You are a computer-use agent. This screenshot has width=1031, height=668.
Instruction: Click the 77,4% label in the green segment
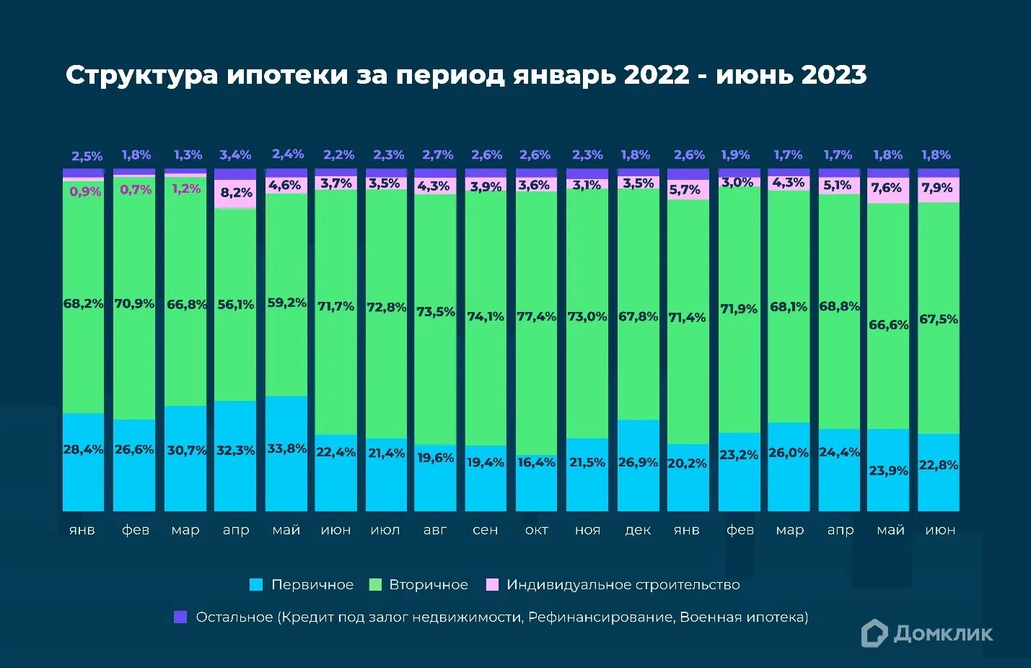coord(536,316)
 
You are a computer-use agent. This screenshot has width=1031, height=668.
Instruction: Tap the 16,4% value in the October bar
coord(536,462)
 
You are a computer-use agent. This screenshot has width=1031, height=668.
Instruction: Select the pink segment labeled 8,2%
coord(236,193)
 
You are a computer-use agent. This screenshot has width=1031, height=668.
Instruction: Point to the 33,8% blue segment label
coord(286,448)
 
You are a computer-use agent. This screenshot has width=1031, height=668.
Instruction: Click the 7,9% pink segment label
coord(937,188)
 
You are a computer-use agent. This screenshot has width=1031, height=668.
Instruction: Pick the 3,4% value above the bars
coord(235,155)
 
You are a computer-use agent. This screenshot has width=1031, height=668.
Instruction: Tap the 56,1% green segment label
coord(236,305)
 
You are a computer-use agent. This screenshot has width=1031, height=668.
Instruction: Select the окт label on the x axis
coord(536,530)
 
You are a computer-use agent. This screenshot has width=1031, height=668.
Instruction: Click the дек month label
coord(638,530)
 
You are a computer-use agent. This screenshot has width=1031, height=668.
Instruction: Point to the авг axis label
coord(435,530)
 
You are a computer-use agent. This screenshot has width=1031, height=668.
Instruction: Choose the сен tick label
coord(485,530)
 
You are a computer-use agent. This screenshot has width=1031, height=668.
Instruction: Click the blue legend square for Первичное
coord(256,585)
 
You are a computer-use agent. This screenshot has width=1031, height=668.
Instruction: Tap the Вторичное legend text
coord(429,585)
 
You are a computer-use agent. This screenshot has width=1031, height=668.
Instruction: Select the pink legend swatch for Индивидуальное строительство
coord(493,585)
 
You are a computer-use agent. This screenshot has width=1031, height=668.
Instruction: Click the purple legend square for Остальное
coord(180,617)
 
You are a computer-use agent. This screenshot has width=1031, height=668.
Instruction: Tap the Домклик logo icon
coord(874,633)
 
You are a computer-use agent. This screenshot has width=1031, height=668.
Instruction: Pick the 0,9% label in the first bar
coord(85,191)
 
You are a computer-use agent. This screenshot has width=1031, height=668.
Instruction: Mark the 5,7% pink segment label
coord(684,190)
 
